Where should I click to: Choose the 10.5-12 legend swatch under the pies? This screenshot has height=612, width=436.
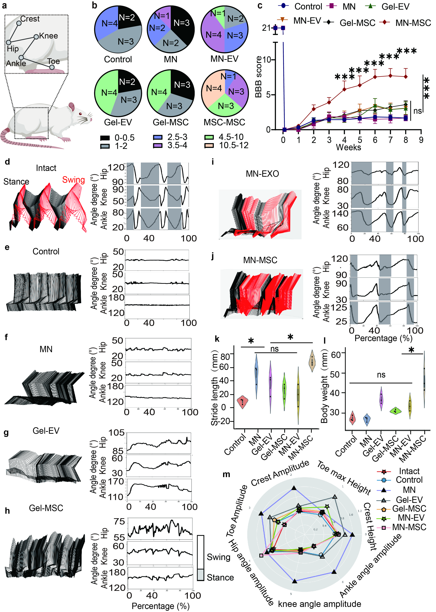(x=209, y=146)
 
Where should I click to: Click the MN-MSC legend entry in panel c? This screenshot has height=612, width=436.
(x=413, y=23)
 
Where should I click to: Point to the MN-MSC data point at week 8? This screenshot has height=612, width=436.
(x=406, y=77)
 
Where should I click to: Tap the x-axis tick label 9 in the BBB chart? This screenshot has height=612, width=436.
(x=421, y=140)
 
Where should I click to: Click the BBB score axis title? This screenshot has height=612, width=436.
(x=259, y=77)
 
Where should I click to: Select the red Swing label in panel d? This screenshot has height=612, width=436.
(x=73, y=180)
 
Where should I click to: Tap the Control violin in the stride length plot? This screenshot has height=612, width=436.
(x=243, y=402)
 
